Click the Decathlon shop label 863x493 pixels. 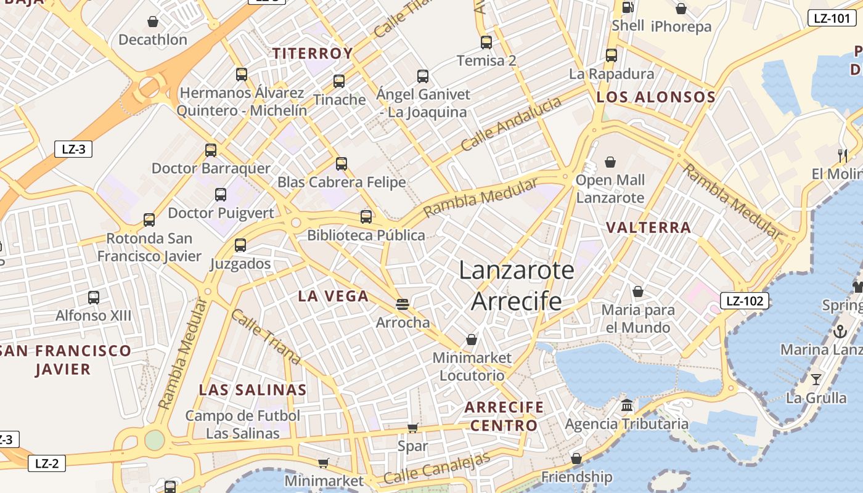pyautogui.click(x=152, y=39)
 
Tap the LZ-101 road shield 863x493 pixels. pyautogui.click(x=832, y=18)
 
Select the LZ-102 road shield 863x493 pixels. pyautogui.click(x=745, y=301)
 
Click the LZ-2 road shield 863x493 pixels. pyautogui.click(x=46, y=463)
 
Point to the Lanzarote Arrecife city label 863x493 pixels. pyautogui.click(x=517, y=286)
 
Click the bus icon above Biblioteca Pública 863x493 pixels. pyautogui.click(x=366, y=216)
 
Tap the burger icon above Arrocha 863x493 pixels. pyautogui.click(x=403, y=304)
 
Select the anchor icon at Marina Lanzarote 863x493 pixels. pyautogui.click(x=840, y=332)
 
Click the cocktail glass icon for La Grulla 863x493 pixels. pyautogui.click(x=816, y=379)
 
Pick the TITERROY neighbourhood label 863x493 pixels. pyautogui.click(x=313, y=54)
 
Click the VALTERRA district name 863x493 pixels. pyautogui.click(x=648, y=227)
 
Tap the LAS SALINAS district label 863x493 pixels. pyautogui.click(x=253, y=389)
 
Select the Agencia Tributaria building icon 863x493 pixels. pyautogui.click(x=627, y=405)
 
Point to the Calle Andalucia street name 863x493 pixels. pyautogui.click(x=511, y=124)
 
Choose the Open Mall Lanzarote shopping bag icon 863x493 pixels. pyautogui.click(x=610, y=162)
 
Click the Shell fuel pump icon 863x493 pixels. pyautogui.click(x=628, y=7)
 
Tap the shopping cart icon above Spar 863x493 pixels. pyautogui.click(x=412, y=428)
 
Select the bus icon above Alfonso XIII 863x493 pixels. pyautogui.click(x=94, y=298)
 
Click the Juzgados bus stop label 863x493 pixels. pyautogui.click(x=240, y=264)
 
